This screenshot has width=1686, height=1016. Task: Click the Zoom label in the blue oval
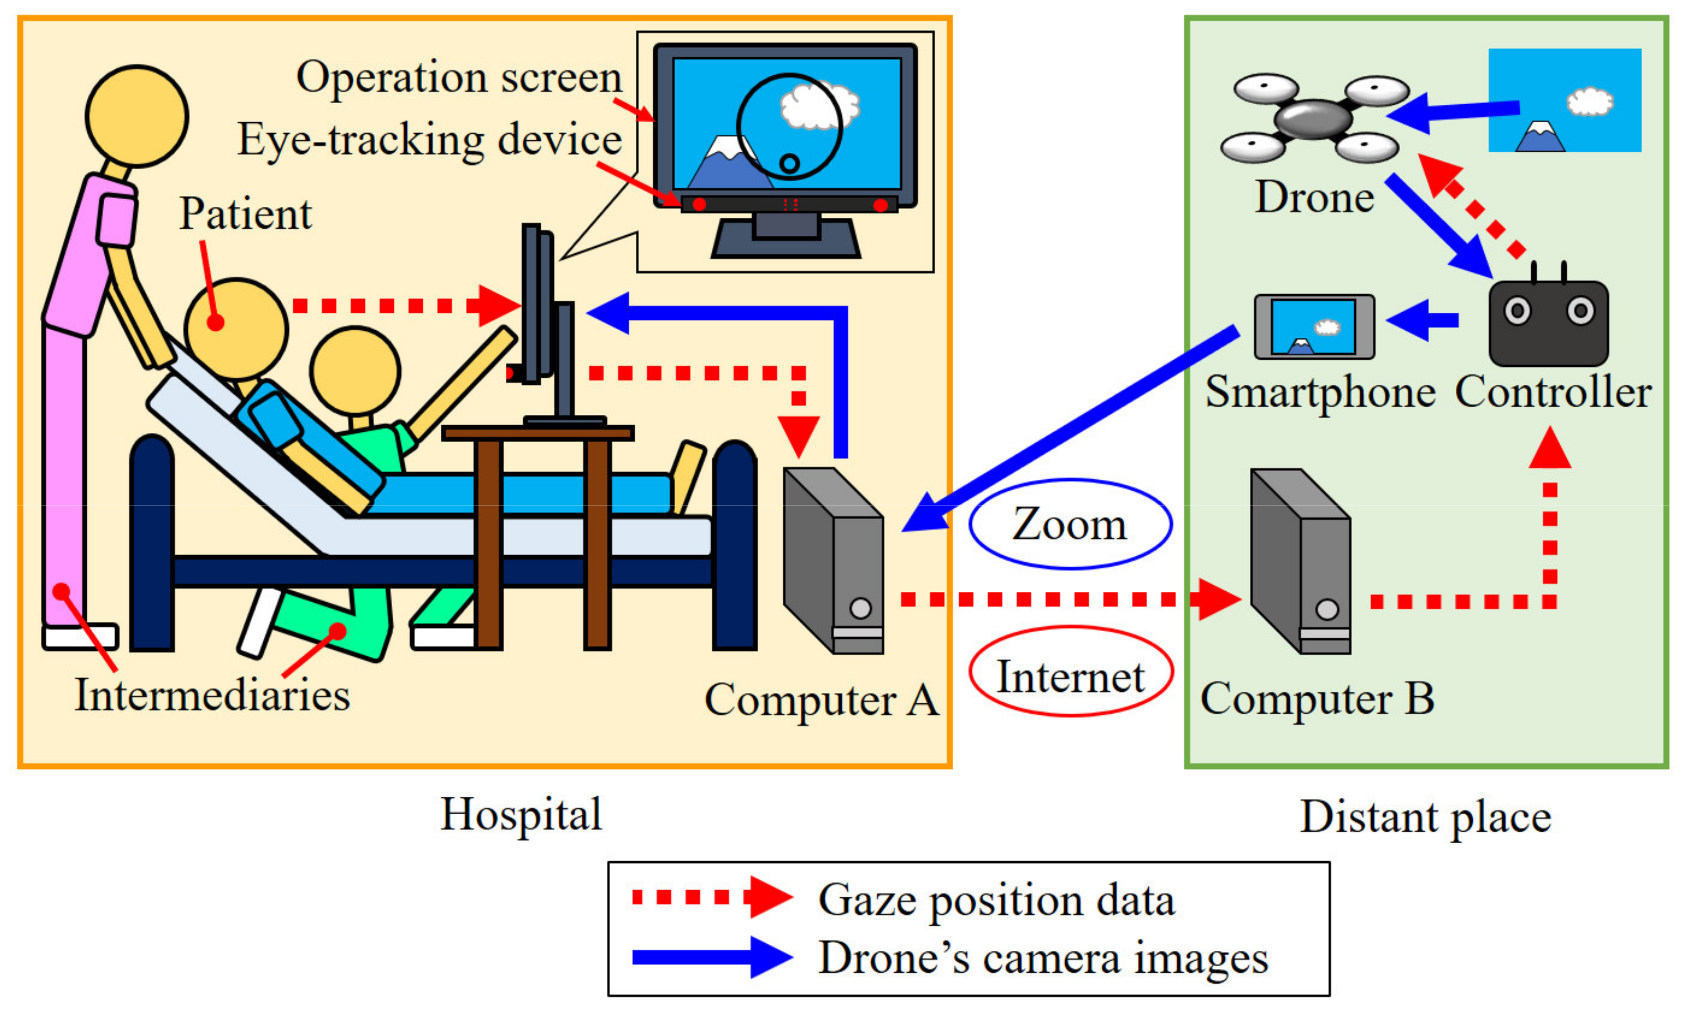pyautogui.click(x=1069, y=524)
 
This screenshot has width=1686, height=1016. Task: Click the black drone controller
pyautogui.click(x=1548, y=321)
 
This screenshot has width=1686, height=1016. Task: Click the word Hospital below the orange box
pyautogui.click(x=521, y=814)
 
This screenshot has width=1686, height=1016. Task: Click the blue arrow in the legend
pyautogui.click(x=712, y=957)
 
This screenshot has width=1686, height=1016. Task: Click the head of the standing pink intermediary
pyautogui.click(x=137, y=116)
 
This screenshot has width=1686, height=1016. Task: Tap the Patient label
pyautogui.click(x=245, y=214)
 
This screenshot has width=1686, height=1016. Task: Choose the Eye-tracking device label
pyautogui.click(x=429, y=139)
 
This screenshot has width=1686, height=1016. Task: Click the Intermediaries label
pyautogui.click(x=212, y=695)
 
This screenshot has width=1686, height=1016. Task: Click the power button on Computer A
pyautogui.click(x=860, y=607)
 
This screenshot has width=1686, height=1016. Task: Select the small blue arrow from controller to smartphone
pyautogui.click(x=1423, y=319)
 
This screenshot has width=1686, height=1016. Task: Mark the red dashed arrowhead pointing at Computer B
pyautogui.click(x=1218, y=600)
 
